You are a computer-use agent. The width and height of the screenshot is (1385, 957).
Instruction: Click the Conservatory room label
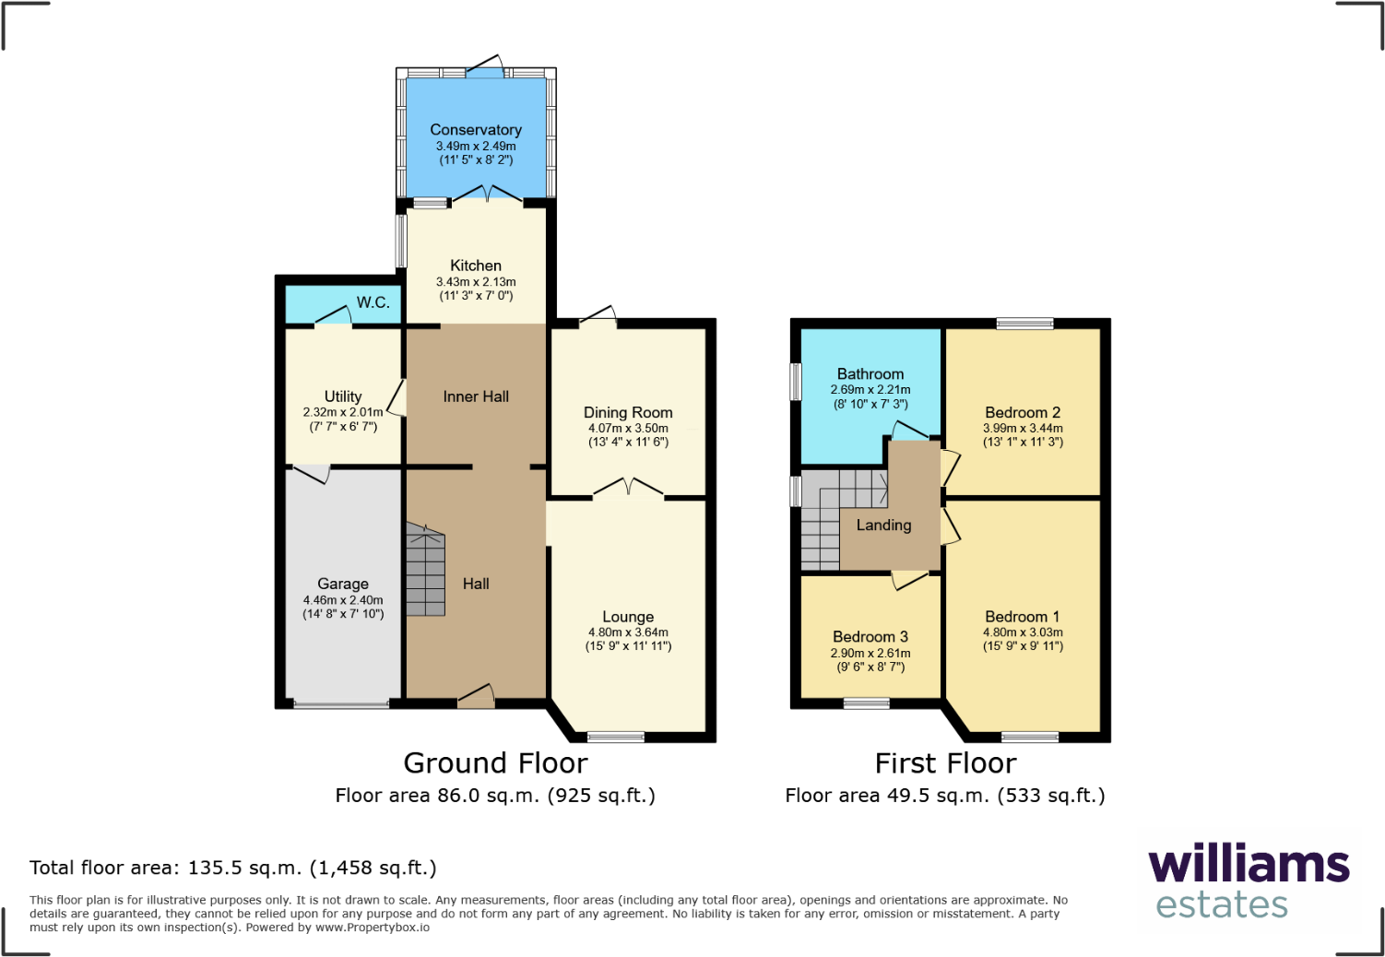[476, 130]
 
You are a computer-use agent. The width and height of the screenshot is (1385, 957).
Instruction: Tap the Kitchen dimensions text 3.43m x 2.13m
[476, 282]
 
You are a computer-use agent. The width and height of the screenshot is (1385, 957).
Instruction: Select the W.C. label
[373, 302]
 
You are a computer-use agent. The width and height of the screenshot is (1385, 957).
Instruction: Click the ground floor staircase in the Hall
[425, 571]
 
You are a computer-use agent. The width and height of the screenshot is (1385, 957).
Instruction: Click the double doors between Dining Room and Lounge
[628, 489]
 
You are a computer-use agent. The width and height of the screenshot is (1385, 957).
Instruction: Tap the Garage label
[343, 584]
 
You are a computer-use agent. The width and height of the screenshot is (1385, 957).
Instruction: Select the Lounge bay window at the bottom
[616, 737]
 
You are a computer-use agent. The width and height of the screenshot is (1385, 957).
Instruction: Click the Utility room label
[343, 396]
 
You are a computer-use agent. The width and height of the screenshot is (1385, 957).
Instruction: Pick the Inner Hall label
[476, 396]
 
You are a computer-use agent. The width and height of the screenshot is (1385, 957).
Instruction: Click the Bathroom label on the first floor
[870, 374]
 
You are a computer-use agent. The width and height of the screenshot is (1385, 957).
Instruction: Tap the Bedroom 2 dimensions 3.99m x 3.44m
[1023, 429]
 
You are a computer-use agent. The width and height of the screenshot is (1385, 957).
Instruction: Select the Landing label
[883, 526]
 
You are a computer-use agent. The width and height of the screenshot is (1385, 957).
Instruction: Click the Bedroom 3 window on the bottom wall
[867, 703]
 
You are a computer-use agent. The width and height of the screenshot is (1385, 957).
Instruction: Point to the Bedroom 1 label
[1023, 617]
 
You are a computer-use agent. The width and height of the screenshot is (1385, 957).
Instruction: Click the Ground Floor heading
[495, 763]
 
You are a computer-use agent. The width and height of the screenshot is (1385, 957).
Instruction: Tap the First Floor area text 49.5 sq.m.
[945, 796]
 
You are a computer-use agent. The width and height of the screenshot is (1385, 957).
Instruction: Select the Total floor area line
[233, 868]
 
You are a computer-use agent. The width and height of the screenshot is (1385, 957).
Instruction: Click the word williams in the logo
[1249, 865]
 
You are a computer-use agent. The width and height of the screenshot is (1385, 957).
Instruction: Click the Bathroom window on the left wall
[796, 382]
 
